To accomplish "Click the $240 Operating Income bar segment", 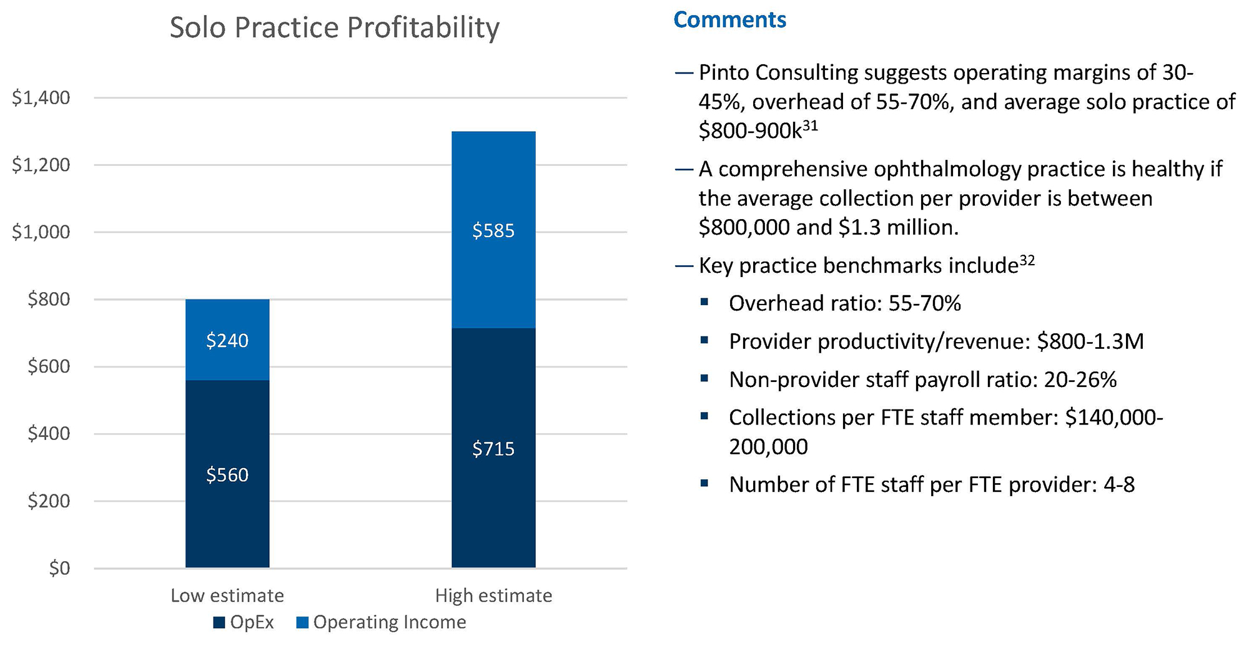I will pyautogui.click(x=227, y=340).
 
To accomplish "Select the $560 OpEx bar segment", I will pyautogui.click(x=227, y=474).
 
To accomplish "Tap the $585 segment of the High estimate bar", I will pyautogui.click(x=493, y=230).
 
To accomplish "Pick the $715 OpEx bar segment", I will pyautogui.click(x=493, y=448).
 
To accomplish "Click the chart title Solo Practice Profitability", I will pyautogui.click(x=335, y=27).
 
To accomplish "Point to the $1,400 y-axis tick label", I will pyautogui.click(x=41, y=97).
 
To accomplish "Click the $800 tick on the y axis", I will pyautogui.click(x=49, y=299).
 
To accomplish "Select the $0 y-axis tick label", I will pyautogui.click(x=59, y=568).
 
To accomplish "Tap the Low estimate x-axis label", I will pyautogui.click(x=227, y=595).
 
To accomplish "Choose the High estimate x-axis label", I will pyautogui.click(x=493, y=595).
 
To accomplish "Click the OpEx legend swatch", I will pyautogui.click(x=219, y=622).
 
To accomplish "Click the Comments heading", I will pyautogui.click(x=729, y=20).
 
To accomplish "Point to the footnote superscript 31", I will pyautogui.click(x=810, y=125).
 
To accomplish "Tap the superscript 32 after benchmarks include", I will pyautogui.click(x=1027, y=260).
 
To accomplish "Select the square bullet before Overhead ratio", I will pyautogui.click(x=704, y=302).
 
